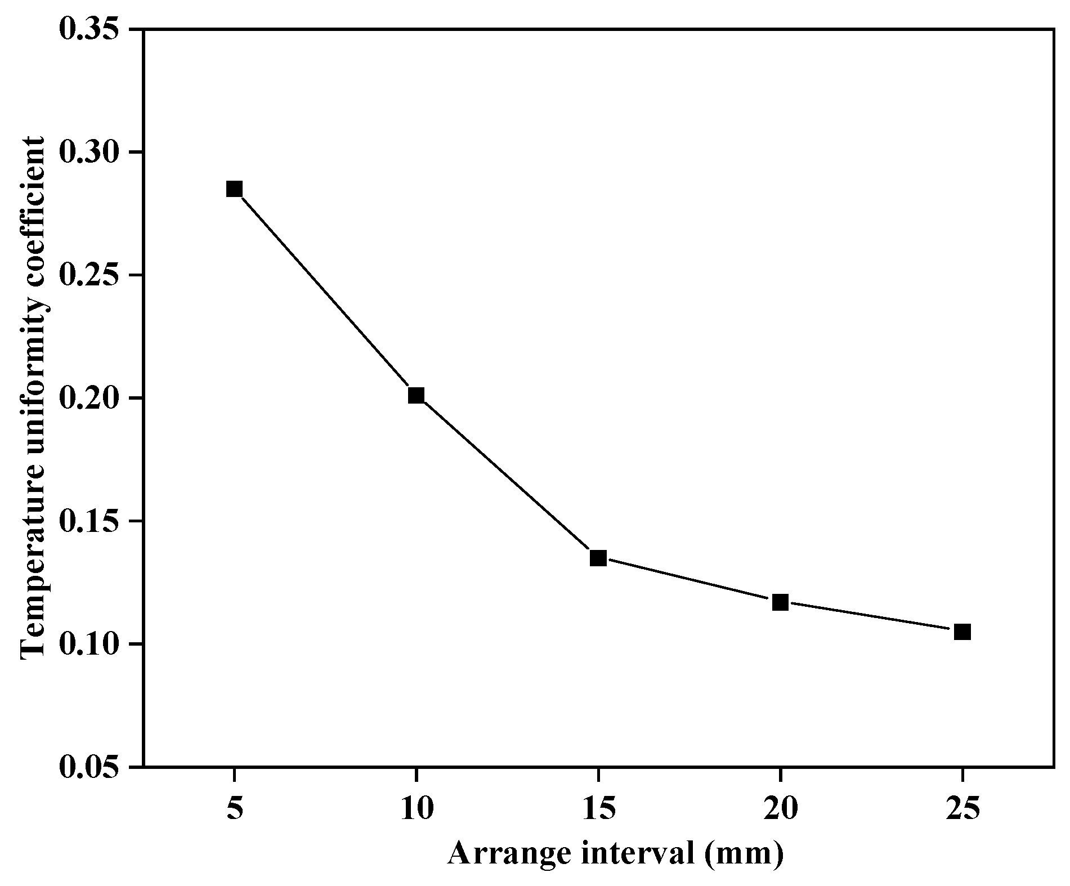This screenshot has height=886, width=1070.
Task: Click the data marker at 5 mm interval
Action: tap(234, 189)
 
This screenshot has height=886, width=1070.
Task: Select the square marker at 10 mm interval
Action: tap(416, 395)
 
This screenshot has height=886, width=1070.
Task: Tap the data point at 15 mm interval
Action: tap(598, 558)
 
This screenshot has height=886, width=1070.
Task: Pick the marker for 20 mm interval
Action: tap(780, 602)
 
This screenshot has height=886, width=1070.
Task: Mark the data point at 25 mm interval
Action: tap(962, 632)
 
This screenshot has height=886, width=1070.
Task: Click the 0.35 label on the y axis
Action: tap(92, 29)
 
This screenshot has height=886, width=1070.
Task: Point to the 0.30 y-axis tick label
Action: tap(92, 152)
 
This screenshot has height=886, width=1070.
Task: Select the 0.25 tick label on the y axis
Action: tap(92, 275)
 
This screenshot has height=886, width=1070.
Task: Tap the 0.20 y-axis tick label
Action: tap(92, 398)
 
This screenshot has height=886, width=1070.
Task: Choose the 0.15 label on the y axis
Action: tap(92, 521)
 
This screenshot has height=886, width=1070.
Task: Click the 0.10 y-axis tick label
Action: tap(92, 644)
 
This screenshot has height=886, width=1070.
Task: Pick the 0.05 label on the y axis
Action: tap(92, 767)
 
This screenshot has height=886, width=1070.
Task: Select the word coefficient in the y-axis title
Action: tap(34, 197)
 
